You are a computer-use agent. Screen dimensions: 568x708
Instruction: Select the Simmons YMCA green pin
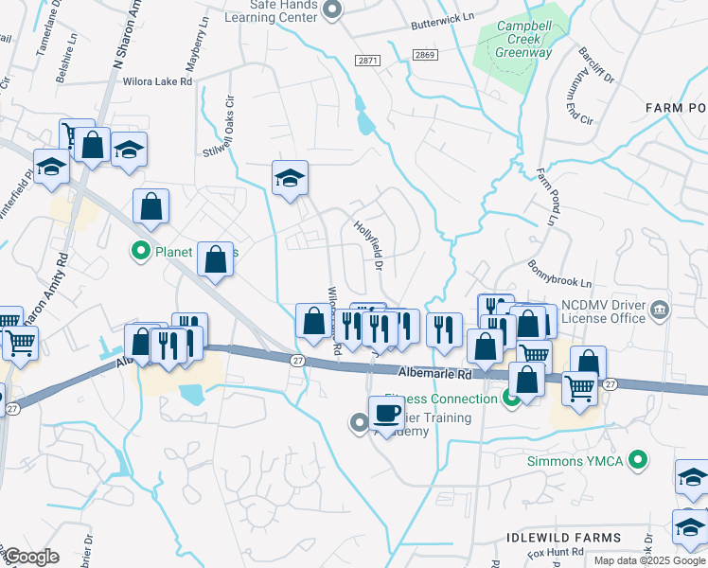639,461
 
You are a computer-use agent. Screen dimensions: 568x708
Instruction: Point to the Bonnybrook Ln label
559,275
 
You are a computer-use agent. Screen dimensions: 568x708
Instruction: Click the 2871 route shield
367,60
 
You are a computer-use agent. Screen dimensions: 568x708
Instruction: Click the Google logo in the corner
32,556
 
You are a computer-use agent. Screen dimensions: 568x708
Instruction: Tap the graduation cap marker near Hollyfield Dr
291,177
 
